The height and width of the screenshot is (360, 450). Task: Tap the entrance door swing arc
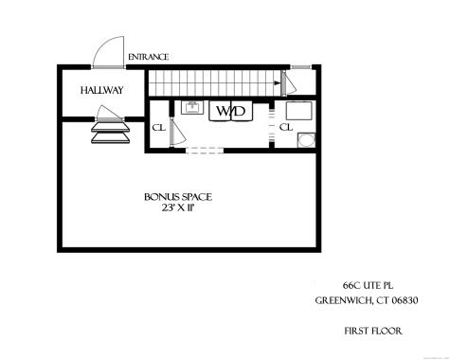[x=111, y=50]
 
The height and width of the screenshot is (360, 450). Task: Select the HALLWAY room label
[x=102, y=90]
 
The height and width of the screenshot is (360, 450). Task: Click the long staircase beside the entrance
[x=213, y=82]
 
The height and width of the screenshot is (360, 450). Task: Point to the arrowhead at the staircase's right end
[x=280, y=83]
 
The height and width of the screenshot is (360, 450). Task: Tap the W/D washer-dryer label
[x=231, y=111]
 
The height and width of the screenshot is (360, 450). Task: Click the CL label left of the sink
[x=159, y=127]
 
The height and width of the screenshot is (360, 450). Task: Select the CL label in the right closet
[x=285, y=127]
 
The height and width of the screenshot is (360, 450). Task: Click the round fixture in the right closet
[x=306, y=140]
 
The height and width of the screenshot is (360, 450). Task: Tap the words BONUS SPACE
[x=178, y=197]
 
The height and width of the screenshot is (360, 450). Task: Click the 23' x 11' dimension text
[x=178, y=210]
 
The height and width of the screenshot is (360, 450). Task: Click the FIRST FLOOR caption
[x=371, y=331]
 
